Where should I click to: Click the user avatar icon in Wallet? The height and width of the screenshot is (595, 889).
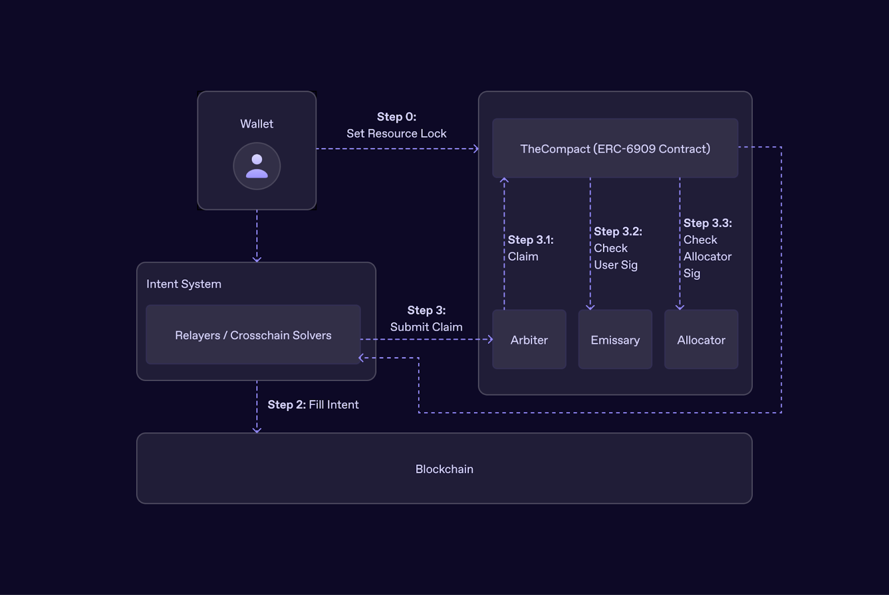click(x=257, y=166)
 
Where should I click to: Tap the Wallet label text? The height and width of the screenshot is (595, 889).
click(x=257, y=124)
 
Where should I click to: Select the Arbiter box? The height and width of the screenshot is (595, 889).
click(x=529, y=339)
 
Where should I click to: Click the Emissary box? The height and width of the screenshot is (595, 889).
click(x=615, y=339)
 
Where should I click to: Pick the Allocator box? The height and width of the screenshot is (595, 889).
click(x=701, y=339)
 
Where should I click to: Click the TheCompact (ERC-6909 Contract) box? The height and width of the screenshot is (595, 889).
click(x=615, y=148)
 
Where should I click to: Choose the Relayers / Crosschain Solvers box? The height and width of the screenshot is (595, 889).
click(x=253, y=335)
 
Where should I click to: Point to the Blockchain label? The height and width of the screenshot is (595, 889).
click(x=444, y=469)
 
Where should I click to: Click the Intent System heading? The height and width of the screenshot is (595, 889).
click(x=184, y=284)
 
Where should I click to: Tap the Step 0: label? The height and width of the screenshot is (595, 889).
click(x=397, y=117)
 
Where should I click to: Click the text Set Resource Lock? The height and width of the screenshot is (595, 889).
click(x=397, y=133)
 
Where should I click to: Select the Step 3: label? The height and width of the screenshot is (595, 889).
click(x=426, y=310)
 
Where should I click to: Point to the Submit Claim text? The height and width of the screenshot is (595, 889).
click(x=426, y=327)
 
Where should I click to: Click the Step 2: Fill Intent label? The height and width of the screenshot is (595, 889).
click(x=313, y=404)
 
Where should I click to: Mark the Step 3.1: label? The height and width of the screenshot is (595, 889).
click(x=531, y=240)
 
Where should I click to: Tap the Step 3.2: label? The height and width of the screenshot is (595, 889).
click(x=618, y=232)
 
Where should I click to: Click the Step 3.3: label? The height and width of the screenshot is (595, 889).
click(x=707, y=223)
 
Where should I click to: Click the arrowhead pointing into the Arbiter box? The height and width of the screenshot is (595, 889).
click(x=490, y=339)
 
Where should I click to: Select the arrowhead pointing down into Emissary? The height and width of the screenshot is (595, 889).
click(x=590, y=307)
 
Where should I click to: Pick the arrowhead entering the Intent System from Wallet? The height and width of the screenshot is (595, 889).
click(x=257, y=259)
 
